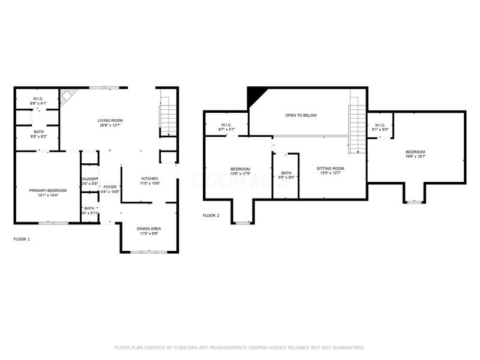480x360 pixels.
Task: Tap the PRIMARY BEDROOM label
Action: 48,190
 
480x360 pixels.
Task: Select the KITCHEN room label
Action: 149,178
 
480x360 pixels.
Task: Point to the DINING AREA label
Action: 149,229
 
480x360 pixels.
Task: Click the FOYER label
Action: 110,187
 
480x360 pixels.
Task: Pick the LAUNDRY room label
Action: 90,179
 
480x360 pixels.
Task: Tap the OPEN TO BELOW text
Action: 301,115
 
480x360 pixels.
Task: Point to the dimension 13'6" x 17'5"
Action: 240,174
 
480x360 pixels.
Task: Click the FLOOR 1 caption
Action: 22,239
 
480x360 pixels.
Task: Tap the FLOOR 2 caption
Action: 211,215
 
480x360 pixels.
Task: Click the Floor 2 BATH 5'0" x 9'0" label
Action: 286,175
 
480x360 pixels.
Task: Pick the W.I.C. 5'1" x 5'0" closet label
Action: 380,127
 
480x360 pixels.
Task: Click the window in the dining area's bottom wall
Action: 149,252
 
